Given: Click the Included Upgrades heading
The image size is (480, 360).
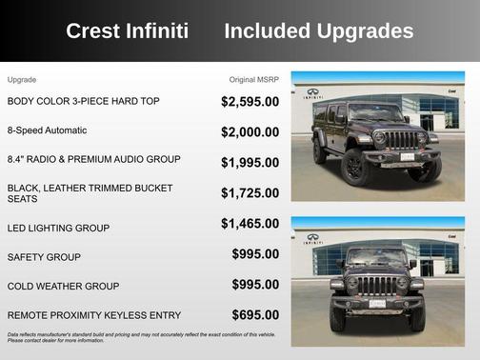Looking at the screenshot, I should pyautogui.click(x=318, y=31).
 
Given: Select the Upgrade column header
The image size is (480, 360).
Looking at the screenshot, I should pyautogui.click(x=22, y=79).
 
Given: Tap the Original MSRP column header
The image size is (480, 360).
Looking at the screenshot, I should pyautogui.click(x=254, y=79).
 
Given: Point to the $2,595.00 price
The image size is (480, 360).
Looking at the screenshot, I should pyautogui.click(x=250, y=101).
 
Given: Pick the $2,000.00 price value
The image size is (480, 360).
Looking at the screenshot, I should pyautogui.click(x=250, y=132).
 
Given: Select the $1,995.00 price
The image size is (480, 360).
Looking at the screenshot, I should pyautogui.click(x=250, y=163).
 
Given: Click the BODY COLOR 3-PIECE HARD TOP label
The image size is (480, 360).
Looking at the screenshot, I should pyautogui.click(x=84, y=100).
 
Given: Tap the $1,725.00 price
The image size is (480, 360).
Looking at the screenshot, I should pyautogui.click(x=250, y=193).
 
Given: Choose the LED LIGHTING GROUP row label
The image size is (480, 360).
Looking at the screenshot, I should pyautogui.click(x=58, y=229).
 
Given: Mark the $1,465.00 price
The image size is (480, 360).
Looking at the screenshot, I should pyautogui.click(x=250, y=224).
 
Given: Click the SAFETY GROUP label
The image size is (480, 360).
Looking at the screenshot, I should pyautogui.click(x=44, y=257).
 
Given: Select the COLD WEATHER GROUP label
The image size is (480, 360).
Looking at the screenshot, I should pyautogui.click(x=63, y=286).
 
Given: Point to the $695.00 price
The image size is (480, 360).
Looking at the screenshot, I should pyautogui.click(x=255, y=314).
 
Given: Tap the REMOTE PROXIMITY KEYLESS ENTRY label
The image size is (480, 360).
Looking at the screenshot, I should pyautogui.click(x=94, y=314).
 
